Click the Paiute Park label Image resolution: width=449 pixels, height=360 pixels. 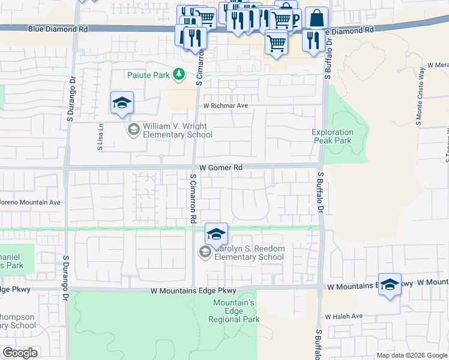click(x=148, y=75)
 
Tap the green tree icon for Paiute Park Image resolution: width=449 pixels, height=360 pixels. click(x=178, y=74)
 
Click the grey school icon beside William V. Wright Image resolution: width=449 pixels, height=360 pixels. click(x=133, y=129)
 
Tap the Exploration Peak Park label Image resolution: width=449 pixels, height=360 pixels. click(x=332, y=136)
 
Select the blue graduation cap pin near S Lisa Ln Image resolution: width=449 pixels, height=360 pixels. click(x=122, y=103)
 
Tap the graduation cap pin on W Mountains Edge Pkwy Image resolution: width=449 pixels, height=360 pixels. click(x=390, y=284)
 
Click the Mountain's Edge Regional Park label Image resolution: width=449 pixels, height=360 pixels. click(x=234, y=311)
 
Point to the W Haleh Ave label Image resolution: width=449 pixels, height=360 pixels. click(x=344, y=316)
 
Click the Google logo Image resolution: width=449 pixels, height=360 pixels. click(x=20, y=352)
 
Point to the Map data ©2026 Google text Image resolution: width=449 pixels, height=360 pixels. click(x=412, y=355)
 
